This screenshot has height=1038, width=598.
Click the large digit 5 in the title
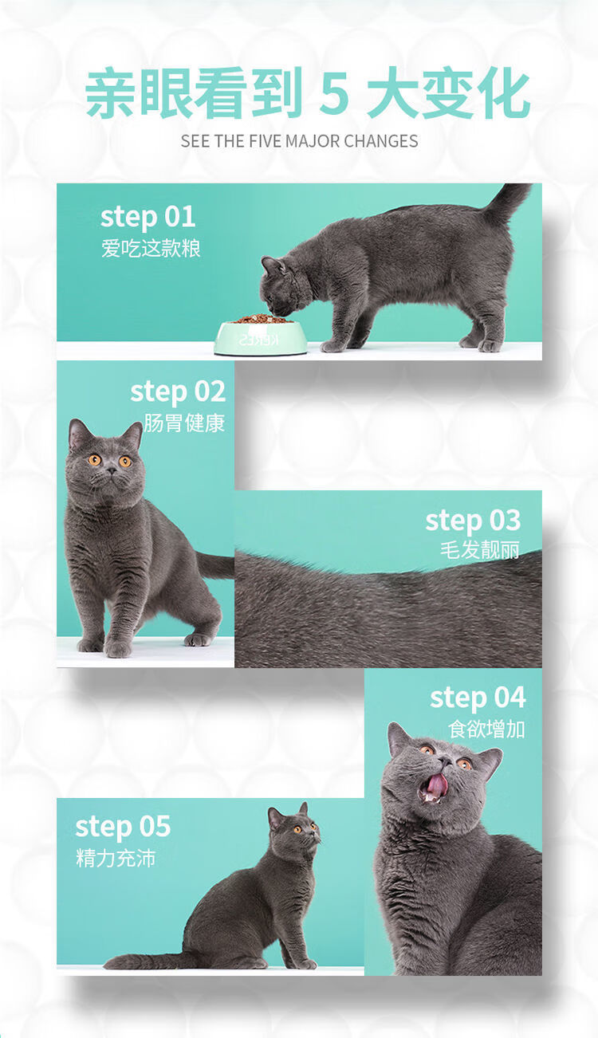(x=334, y=93)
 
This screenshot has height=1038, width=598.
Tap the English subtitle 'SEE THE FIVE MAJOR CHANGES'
(x=299, y=141)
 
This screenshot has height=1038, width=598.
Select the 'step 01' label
(x=148, y=218)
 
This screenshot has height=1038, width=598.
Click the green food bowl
(x=261, y=338)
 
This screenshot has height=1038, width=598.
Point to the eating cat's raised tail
(x=508, y=202)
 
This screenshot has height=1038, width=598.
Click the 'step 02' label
(x=178, y=392)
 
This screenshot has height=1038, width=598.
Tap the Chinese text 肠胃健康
(x=183, y=423)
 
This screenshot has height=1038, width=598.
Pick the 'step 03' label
(x=473, y=521)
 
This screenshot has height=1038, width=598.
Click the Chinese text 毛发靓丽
(x=480, y=550)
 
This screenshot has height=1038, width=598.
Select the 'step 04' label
(x=478, y=698)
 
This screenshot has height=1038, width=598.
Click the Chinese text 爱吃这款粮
(x=151, y=249)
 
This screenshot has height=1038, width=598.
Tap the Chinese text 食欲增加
(x=486, y=729)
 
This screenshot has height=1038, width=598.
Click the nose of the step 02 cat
(x=112, y=470)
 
